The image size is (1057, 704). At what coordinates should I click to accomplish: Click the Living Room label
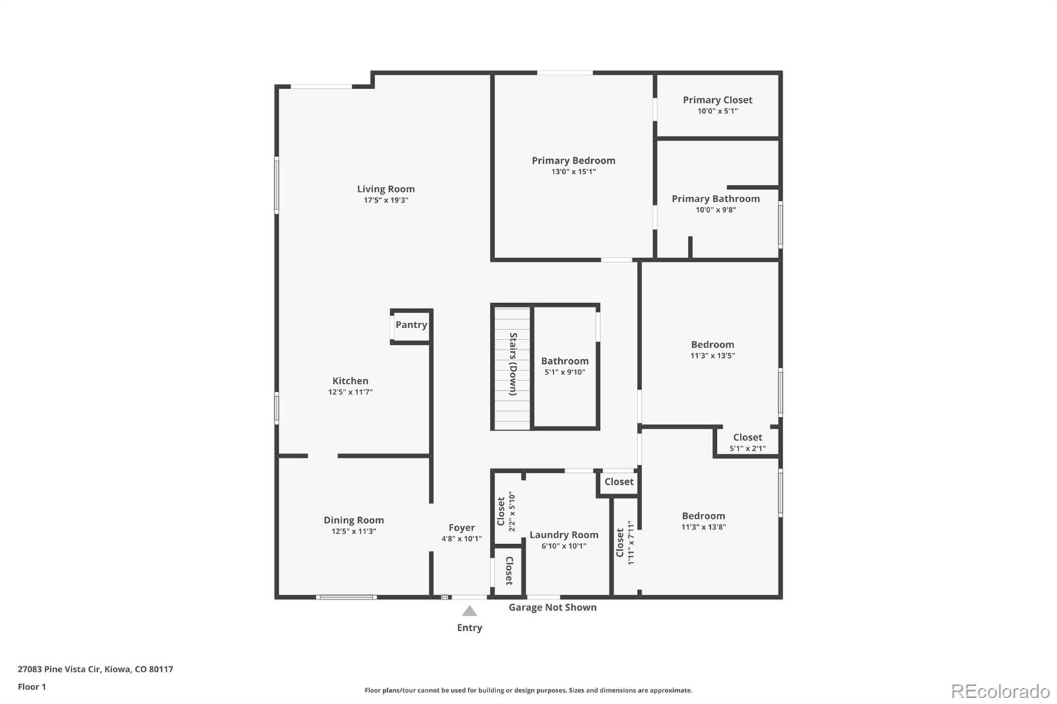coord(386,189)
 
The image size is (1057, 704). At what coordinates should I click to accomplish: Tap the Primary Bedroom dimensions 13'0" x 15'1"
coord(573,172)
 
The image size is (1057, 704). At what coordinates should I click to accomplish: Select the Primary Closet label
coord(717,100)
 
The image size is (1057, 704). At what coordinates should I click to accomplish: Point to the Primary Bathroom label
coord(715,199)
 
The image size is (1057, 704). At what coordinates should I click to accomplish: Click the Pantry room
coord(411,325)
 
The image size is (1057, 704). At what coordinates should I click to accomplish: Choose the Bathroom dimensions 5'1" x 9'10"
coord(565,372)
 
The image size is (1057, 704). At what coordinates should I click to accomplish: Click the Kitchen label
coord(350,381)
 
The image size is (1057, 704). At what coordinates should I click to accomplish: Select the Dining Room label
coord(353,520)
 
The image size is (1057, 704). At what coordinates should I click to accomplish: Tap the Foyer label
coord(461,528)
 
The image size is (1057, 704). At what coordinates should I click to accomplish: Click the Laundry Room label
coord(564,535)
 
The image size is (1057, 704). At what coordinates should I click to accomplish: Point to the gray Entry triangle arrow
coord(469,611)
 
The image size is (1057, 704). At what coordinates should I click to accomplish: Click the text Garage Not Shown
coord(552,608)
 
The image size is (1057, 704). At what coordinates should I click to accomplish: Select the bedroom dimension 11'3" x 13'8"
coord(704,527)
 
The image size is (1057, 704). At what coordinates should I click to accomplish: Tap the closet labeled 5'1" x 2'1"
coord(747,442)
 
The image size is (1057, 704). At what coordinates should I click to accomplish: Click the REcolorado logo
coord(1000,691)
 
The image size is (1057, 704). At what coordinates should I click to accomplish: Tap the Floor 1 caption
coord(32,687)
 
